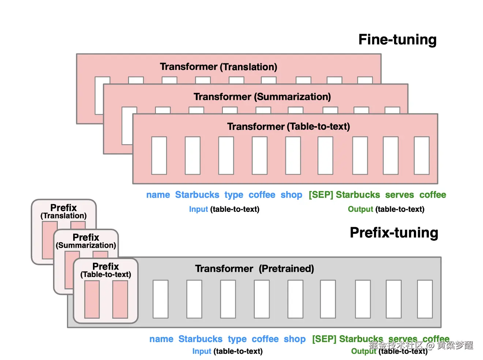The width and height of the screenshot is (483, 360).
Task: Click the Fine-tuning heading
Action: pos(397,40)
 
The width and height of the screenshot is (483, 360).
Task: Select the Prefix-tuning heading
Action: pos(394,233)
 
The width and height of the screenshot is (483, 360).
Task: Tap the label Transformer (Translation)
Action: pos(218,67)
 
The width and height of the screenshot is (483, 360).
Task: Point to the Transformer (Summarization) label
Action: pos(262,97)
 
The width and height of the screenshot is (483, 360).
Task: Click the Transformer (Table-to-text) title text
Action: pos(288,127)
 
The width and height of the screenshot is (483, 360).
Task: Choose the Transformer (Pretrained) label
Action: pos(254,269)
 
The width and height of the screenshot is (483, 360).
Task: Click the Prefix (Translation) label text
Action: pos(63,211)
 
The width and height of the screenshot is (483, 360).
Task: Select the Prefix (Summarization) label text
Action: pos(86,241)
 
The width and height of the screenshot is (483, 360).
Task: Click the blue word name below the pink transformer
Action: pos(158,195)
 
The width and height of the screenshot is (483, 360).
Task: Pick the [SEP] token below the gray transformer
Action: pos(324,339)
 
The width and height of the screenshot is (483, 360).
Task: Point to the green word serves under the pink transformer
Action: pos(399,195)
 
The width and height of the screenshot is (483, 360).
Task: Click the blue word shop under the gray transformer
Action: pos(295,339)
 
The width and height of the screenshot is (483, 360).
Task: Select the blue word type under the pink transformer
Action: pos(234,195)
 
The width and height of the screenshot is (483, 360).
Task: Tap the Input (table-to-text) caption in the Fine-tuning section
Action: pos(224,209)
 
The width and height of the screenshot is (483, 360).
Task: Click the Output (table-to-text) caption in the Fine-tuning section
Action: pos(386,209)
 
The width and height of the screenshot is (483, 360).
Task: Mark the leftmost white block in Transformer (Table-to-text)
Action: pos(159,155)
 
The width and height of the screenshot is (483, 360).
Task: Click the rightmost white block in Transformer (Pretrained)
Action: pos(425,299)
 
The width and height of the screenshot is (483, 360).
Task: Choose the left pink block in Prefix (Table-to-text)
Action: pos(92,299)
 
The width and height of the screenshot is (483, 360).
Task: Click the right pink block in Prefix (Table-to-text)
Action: pos(120,299)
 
